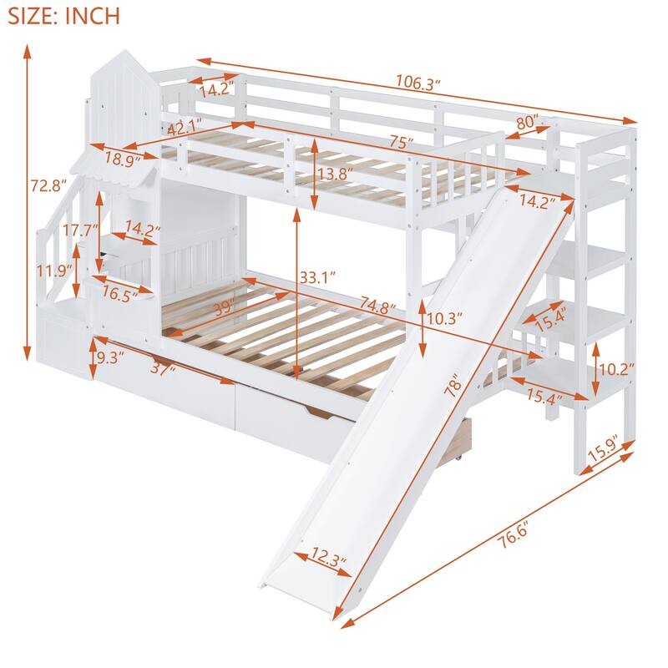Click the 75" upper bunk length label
(x=400, y=142)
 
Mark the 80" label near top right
(x=527, y=123)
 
